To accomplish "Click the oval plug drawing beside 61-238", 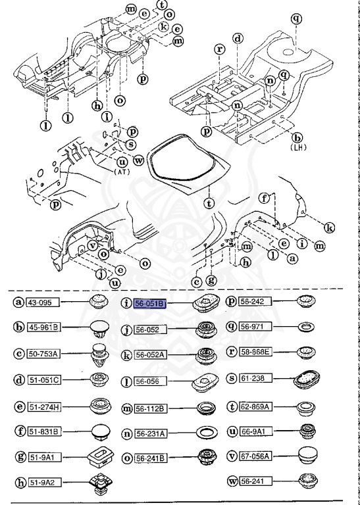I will tap(306, 380).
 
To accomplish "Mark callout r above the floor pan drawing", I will tap(219, 49).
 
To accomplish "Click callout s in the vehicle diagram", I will tap(131, 144).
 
